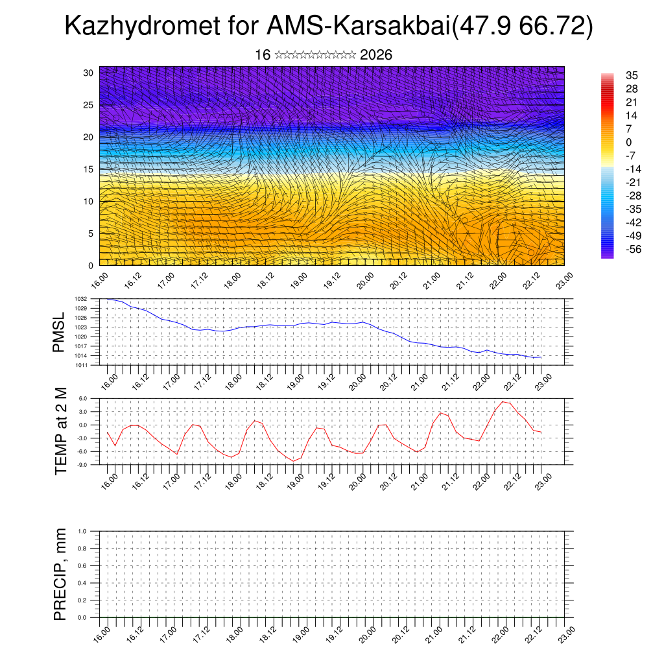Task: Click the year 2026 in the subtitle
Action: pyautogui.click(x=376, y=55)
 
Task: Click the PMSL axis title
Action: pyautogui.click(x=59, y=331)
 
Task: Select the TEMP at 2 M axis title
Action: pyautogui.click(x=61, y=431)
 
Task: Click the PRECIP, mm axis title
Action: pyautogui.click(x=60, y=574)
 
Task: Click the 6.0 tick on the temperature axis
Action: pyautogui.click(x=82, y=399)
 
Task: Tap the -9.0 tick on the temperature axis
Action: pyautogui.click(x=82, y=464)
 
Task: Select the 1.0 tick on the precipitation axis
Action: pyautogui.click(x=82, y=531)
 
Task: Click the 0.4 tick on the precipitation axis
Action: pyautogui.click(x=82, y=583)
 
